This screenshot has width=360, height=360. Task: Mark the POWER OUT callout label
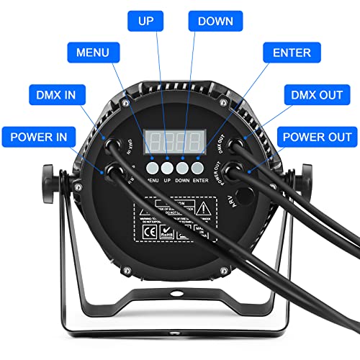pos(317,135)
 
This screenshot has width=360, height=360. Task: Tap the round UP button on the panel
pos(166,168)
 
